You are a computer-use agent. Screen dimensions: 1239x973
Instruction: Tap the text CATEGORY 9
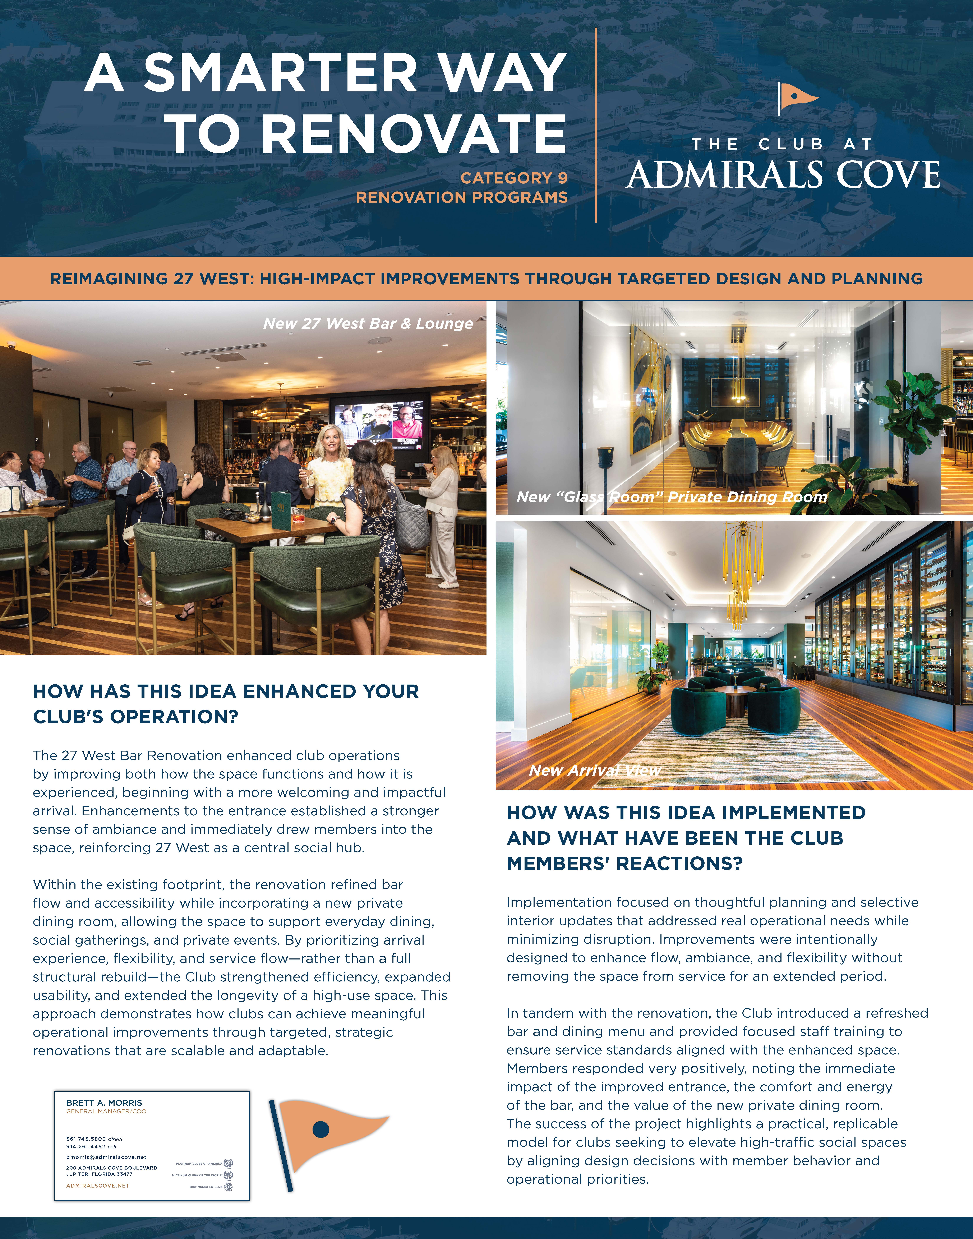click(x=514, y=178)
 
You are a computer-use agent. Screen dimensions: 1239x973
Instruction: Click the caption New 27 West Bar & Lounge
click(x=368, y=324)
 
